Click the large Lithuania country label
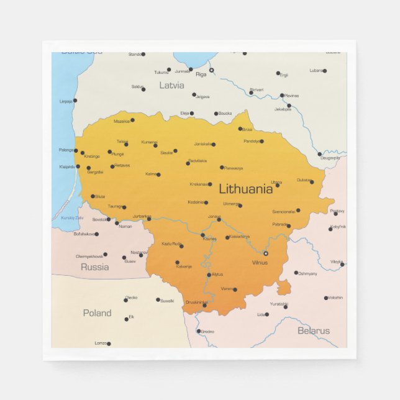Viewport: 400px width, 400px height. click(x=245, y=189)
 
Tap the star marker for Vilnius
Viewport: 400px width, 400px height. click(x=266, y=253)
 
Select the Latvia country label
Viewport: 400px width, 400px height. click(x=171, y=85)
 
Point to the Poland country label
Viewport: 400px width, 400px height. click(x=98, y=313)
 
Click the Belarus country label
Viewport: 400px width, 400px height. click(x=314, y=330)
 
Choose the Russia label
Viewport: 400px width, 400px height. click(x=94, y=267)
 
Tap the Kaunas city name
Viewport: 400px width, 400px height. click(x=210, y=239)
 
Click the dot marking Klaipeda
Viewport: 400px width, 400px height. click(x=78, y=166)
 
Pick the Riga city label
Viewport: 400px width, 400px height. click(x=201, y=75)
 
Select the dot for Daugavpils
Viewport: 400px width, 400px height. click(x=320, y=154)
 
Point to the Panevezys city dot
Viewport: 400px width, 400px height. click(x=222, y=167)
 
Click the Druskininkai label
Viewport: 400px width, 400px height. click(x=196, y=302)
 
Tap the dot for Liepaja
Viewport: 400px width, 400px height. click(x=75, y=100)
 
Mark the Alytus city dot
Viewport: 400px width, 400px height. click(x=210, y=274)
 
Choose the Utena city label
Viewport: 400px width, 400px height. click(x=276, y=181)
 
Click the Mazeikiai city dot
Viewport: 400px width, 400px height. click(x=132, y=120)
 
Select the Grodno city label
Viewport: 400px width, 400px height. click(x=207, y=332)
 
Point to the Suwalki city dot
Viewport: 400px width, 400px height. click(x=158, y=299)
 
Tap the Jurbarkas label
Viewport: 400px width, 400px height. click(x=142, y=216)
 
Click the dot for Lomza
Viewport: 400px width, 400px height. click(x=109, y=343)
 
